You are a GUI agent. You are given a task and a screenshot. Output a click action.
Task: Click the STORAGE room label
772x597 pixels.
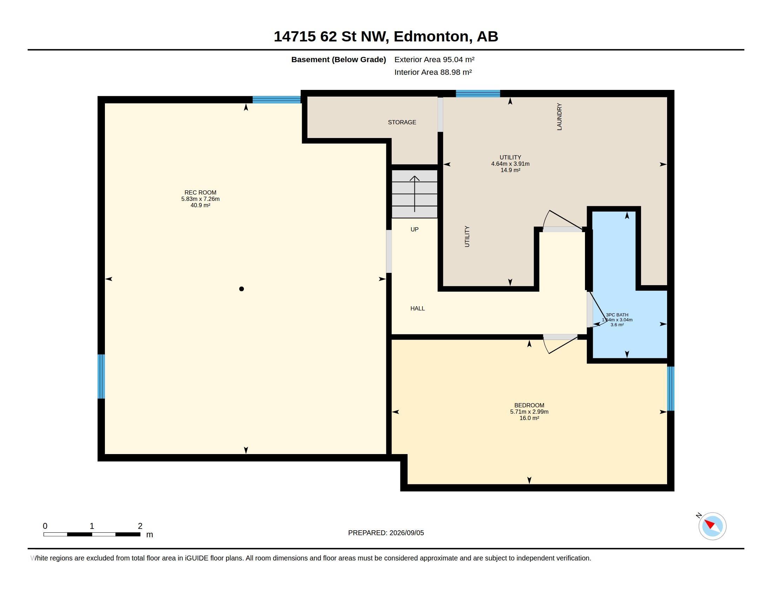click(x=402, y=122)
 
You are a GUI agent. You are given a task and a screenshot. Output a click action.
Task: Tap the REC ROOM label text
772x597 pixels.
click(x=200, y=192)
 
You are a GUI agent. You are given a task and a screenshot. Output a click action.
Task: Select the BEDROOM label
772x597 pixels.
click(x=529, y=405)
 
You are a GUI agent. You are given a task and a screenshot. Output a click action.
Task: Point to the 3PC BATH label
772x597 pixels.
click(x=617, y=315)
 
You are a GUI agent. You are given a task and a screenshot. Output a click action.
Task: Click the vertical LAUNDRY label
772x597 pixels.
click(x=559, y=117)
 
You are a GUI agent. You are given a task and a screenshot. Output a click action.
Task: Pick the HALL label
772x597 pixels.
click(x=418, y=308)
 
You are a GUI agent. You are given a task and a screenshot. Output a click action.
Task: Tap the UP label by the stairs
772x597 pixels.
click(x=415, y=229)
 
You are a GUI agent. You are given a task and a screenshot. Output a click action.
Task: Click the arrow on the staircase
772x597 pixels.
click(x=415, y=194)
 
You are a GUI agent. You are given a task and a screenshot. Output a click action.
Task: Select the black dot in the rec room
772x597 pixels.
click(x=241, y=289)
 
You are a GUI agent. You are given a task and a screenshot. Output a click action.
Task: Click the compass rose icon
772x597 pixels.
click(x=712, y=526)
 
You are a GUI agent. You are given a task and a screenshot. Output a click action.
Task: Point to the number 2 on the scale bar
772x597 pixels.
click(x=140, y=526)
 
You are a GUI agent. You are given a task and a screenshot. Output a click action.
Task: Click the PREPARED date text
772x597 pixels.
click(x=386, y=533)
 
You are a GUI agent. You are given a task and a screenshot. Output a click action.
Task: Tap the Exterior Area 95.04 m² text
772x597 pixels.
click(x=434, y=59)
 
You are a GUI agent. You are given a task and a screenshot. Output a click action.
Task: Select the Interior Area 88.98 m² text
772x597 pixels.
click(x=433, y=72)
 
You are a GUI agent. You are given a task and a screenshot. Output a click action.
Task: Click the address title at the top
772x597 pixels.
click(x=386, y=37)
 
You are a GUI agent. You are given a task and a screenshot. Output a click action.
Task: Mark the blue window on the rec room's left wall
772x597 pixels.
click(x=101, y=376)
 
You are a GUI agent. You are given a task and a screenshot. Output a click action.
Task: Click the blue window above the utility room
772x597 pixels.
click(x=478, y=94)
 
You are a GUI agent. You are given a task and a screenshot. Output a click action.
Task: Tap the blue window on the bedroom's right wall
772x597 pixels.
click(x=671, y=389)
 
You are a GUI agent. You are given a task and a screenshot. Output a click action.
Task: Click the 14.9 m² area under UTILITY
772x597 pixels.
click(x=511, y=170)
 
